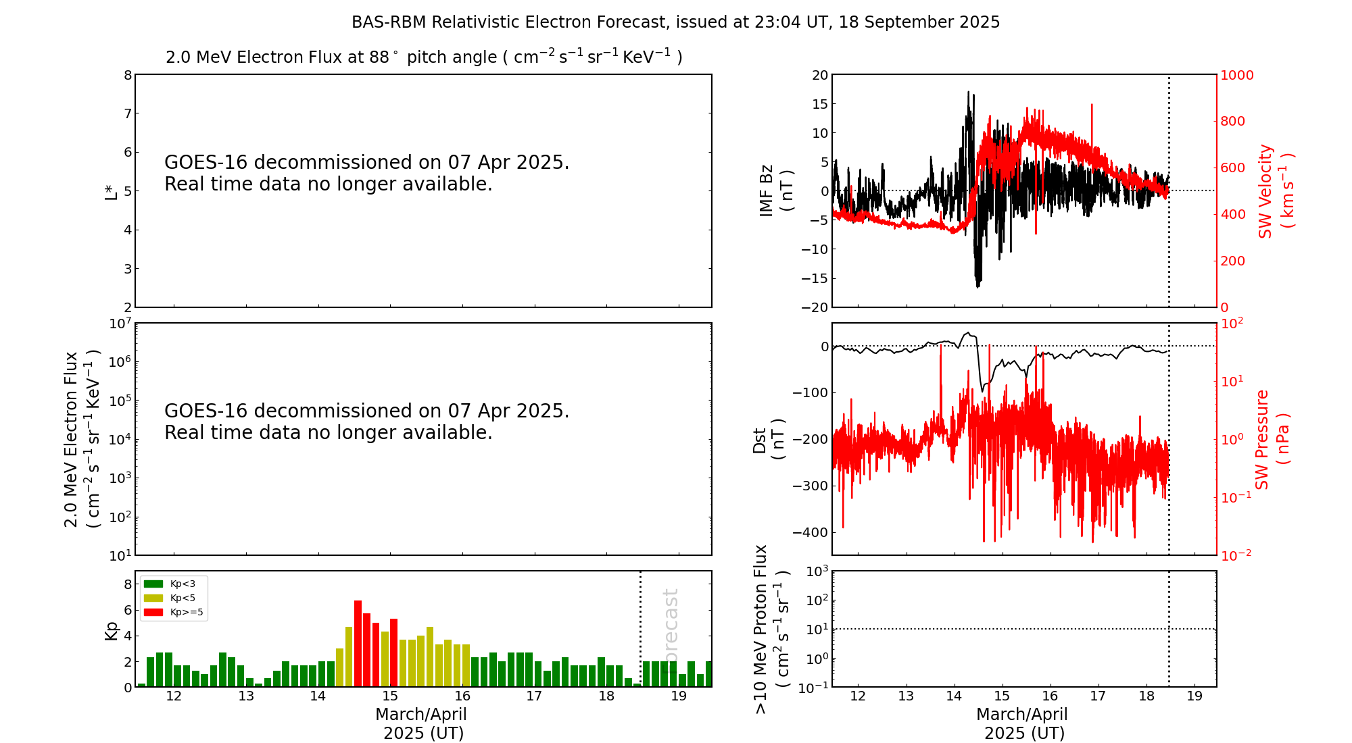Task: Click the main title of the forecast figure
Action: click(675, 22)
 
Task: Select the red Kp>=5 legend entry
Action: click(173, 613)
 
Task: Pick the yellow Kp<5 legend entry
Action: click(173, 598)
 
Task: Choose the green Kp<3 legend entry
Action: click(173, 584)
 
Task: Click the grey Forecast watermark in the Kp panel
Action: click(670, 628)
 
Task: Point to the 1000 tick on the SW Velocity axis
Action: click(1236, 75)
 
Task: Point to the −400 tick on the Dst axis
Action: click(814, 532)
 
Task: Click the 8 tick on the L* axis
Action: click(128, 75)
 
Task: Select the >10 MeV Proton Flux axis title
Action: click(771, 630)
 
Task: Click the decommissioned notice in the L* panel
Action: click(366, 173)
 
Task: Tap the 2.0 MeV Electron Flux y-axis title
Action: click(82, 439)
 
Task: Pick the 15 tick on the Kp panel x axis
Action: click(390, 696)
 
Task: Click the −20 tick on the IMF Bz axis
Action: click(815, 307)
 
